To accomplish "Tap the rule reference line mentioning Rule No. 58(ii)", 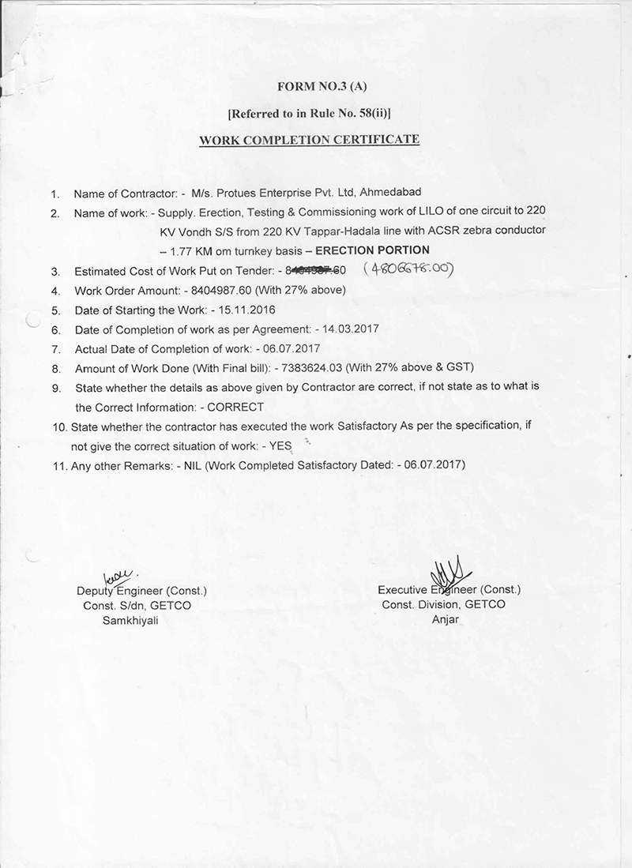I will point(309,114).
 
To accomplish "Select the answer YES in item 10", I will point(281,445).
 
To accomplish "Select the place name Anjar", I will point(445,619).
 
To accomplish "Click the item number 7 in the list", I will point(55,349).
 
